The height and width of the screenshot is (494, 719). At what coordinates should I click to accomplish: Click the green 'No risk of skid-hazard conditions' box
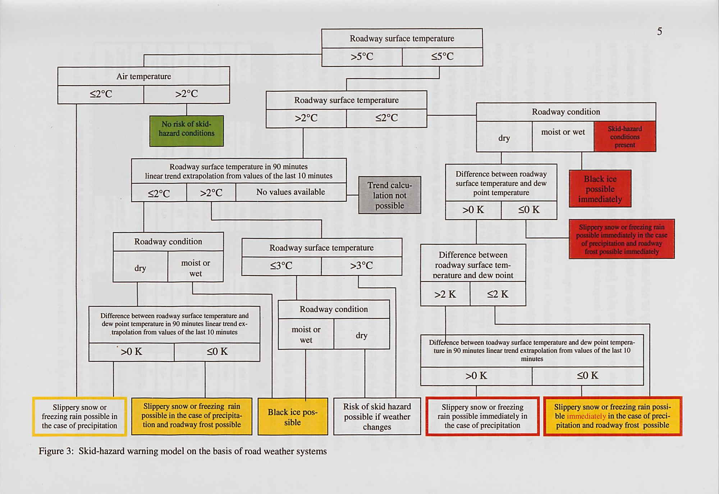pyautogui.click(x=187, y=131)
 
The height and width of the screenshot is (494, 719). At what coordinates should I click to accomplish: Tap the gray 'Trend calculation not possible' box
pyautogui.click(x=390, y=195)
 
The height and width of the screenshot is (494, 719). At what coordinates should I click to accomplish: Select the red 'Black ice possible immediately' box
pyautogui.click(x=600, y=189)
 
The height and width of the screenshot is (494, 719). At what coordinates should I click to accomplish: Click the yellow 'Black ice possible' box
pyautogui.click(x=293, y=417)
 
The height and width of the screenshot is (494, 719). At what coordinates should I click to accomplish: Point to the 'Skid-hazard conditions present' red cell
pyautogui.click(x=625, y=136)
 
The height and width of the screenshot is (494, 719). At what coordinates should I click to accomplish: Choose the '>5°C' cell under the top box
pyautogui.click(x=362, y=57)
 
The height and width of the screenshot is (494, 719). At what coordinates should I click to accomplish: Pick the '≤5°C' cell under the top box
pyautogui.click(x=442, y=57)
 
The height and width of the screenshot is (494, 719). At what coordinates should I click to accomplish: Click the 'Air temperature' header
pyautogui.click(x=143, y=76)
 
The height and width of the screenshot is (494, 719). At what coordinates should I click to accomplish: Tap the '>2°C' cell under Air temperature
pyautogui.click(x=186, y=94)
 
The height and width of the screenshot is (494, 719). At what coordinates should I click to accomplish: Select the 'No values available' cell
pyautogui.click(x=290, y=192)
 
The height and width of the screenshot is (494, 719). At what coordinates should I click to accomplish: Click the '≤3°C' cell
pyautogui.click(x=281, y=266)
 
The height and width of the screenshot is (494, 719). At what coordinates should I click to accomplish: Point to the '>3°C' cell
pyautogui.click(x=361, y=266)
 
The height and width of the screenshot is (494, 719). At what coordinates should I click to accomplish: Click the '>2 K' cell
pyautogui.click(x=445, y=294)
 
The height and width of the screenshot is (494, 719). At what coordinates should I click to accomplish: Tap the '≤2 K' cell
pyautogui.click(x=498, y=294)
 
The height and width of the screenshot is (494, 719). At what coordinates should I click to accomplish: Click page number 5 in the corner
pyautogui.click(x=659, y=32)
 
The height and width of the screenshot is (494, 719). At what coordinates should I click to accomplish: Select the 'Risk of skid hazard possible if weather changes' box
pyautogui.click(x=377, y=417)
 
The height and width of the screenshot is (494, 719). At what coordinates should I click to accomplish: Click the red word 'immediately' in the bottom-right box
pyautogui.click(x=586, y=416)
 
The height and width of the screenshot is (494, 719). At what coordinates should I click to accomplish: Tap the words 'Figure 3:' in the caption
pyautogui.click(x=56, y=451)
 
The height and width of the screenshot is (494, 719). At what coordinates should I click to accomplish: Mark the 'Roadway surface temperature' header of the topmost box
pyautogui.click(x=402, y=38)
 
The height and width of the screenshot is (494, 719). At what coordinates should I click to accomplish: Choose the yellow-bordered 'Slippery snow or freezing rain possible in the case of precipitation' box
pyautogui.click(x=79, y=417)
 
